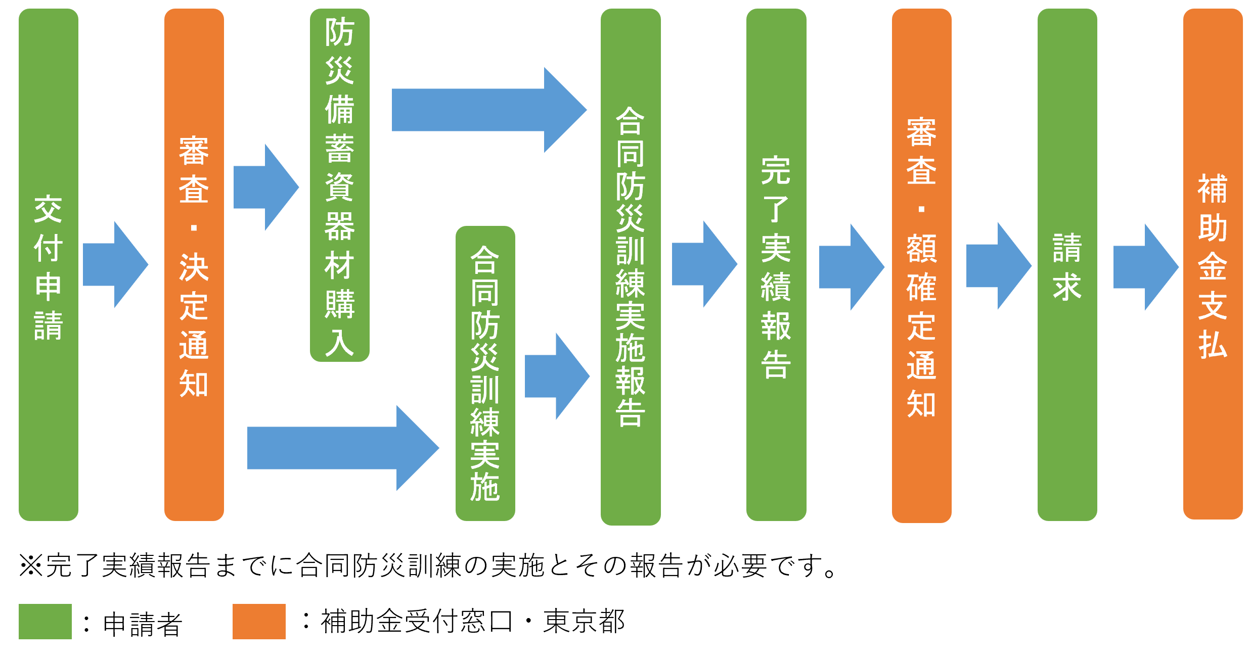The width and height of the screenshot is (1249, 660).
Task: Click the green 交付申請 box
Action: pyautogui.click(x=48, y=264)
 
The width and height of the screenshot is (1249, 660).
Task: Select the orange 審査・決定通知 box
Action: pyautogui.click(x=194, y=264)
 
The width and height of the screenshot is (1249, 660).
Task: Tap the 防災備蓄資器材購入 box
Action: pyautogui.click(x=339, y=185)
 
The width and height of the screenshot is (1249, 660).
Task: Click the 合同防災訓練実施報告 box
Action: pyautogui.click(x=631, y=266)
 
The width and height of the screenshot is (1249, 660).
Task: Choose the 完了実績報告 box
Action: pyautogui.click(x=776, y=264)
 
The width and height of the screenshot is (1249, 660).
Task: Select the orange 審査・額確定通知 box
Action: pyautogui.click(x=921, y=265)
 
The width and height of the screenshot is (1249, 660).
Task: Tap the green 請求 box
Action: pyautogui.click(x=1067, y=264)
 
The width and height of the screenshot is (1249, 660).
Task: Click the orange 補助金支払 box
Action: pyautogui.click(x=1213, y=264)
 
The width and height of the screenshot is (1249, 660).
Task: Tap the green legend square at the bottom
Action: pyautogui.click(x=45, y=621)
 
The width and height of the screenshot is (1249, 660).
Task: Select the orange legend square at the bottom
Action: pyautogui.click(x=259, y=621)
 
